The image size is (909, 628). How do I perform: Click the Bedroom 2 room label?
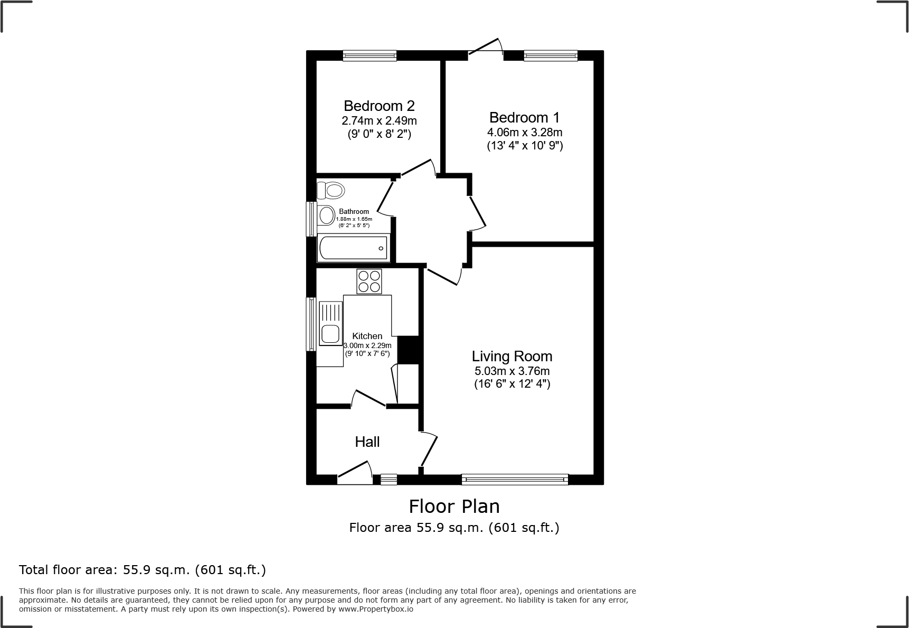[x=378, y=106]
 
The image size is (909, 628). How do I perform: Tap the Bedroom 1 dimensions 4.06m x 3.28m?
[x=524, y=132]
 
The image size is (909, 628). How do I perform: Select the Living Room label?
[x=512, y=357]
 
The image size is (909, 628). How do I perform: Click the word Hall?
[x=367, y=442]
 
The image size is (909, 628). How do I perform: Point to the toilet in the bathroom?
[x=330, y=190]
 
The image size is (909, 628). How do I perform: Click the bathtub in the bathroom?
[x=353, y=248]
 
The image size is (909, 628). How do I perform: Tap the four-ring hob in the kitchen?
[x=369, y=282]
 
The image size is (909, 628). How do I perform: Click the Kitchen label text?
[x=367, y=336]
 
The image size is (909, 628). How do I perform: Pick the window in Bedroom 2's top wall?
[x=370, y=55]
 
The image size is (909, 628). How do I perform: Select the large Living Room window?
[x=515, y=480]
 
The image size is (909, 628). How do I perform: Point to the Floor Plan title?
[x=454, y=507]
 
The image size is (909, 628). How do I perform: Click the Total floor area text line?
[x=143, y=570]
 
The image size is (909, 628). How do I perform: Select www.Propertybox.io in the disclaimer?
[x=376, y=609]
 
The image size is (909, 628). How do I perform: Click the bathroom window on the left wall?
[x=312, y=219]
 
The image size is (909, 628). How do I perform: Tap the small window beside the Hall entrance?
[x=389, y=480]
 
